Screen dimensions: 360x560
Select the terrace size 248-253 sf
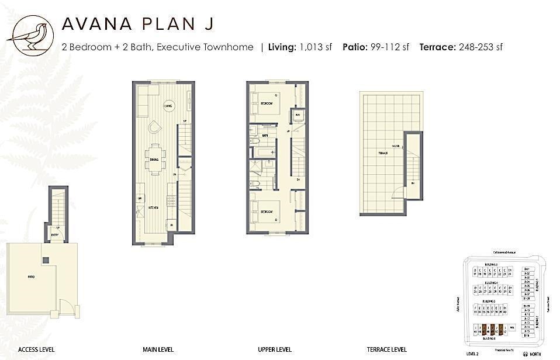[x=481, y=47]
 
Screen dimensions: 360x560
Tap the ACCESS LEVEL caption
[x=36, y=350]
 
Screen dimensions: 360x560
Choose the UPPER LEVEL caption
[x=275, y=350]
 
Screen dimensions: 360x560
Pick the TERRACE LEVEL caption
[x=386, y=350]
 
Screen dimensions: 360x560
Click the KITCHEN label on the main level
[x=154, y=207]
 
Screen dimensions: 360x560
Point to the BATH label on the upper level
[x=265, y=136]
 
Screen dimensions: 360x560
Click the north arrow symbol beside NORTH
[x=525, y=354]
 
